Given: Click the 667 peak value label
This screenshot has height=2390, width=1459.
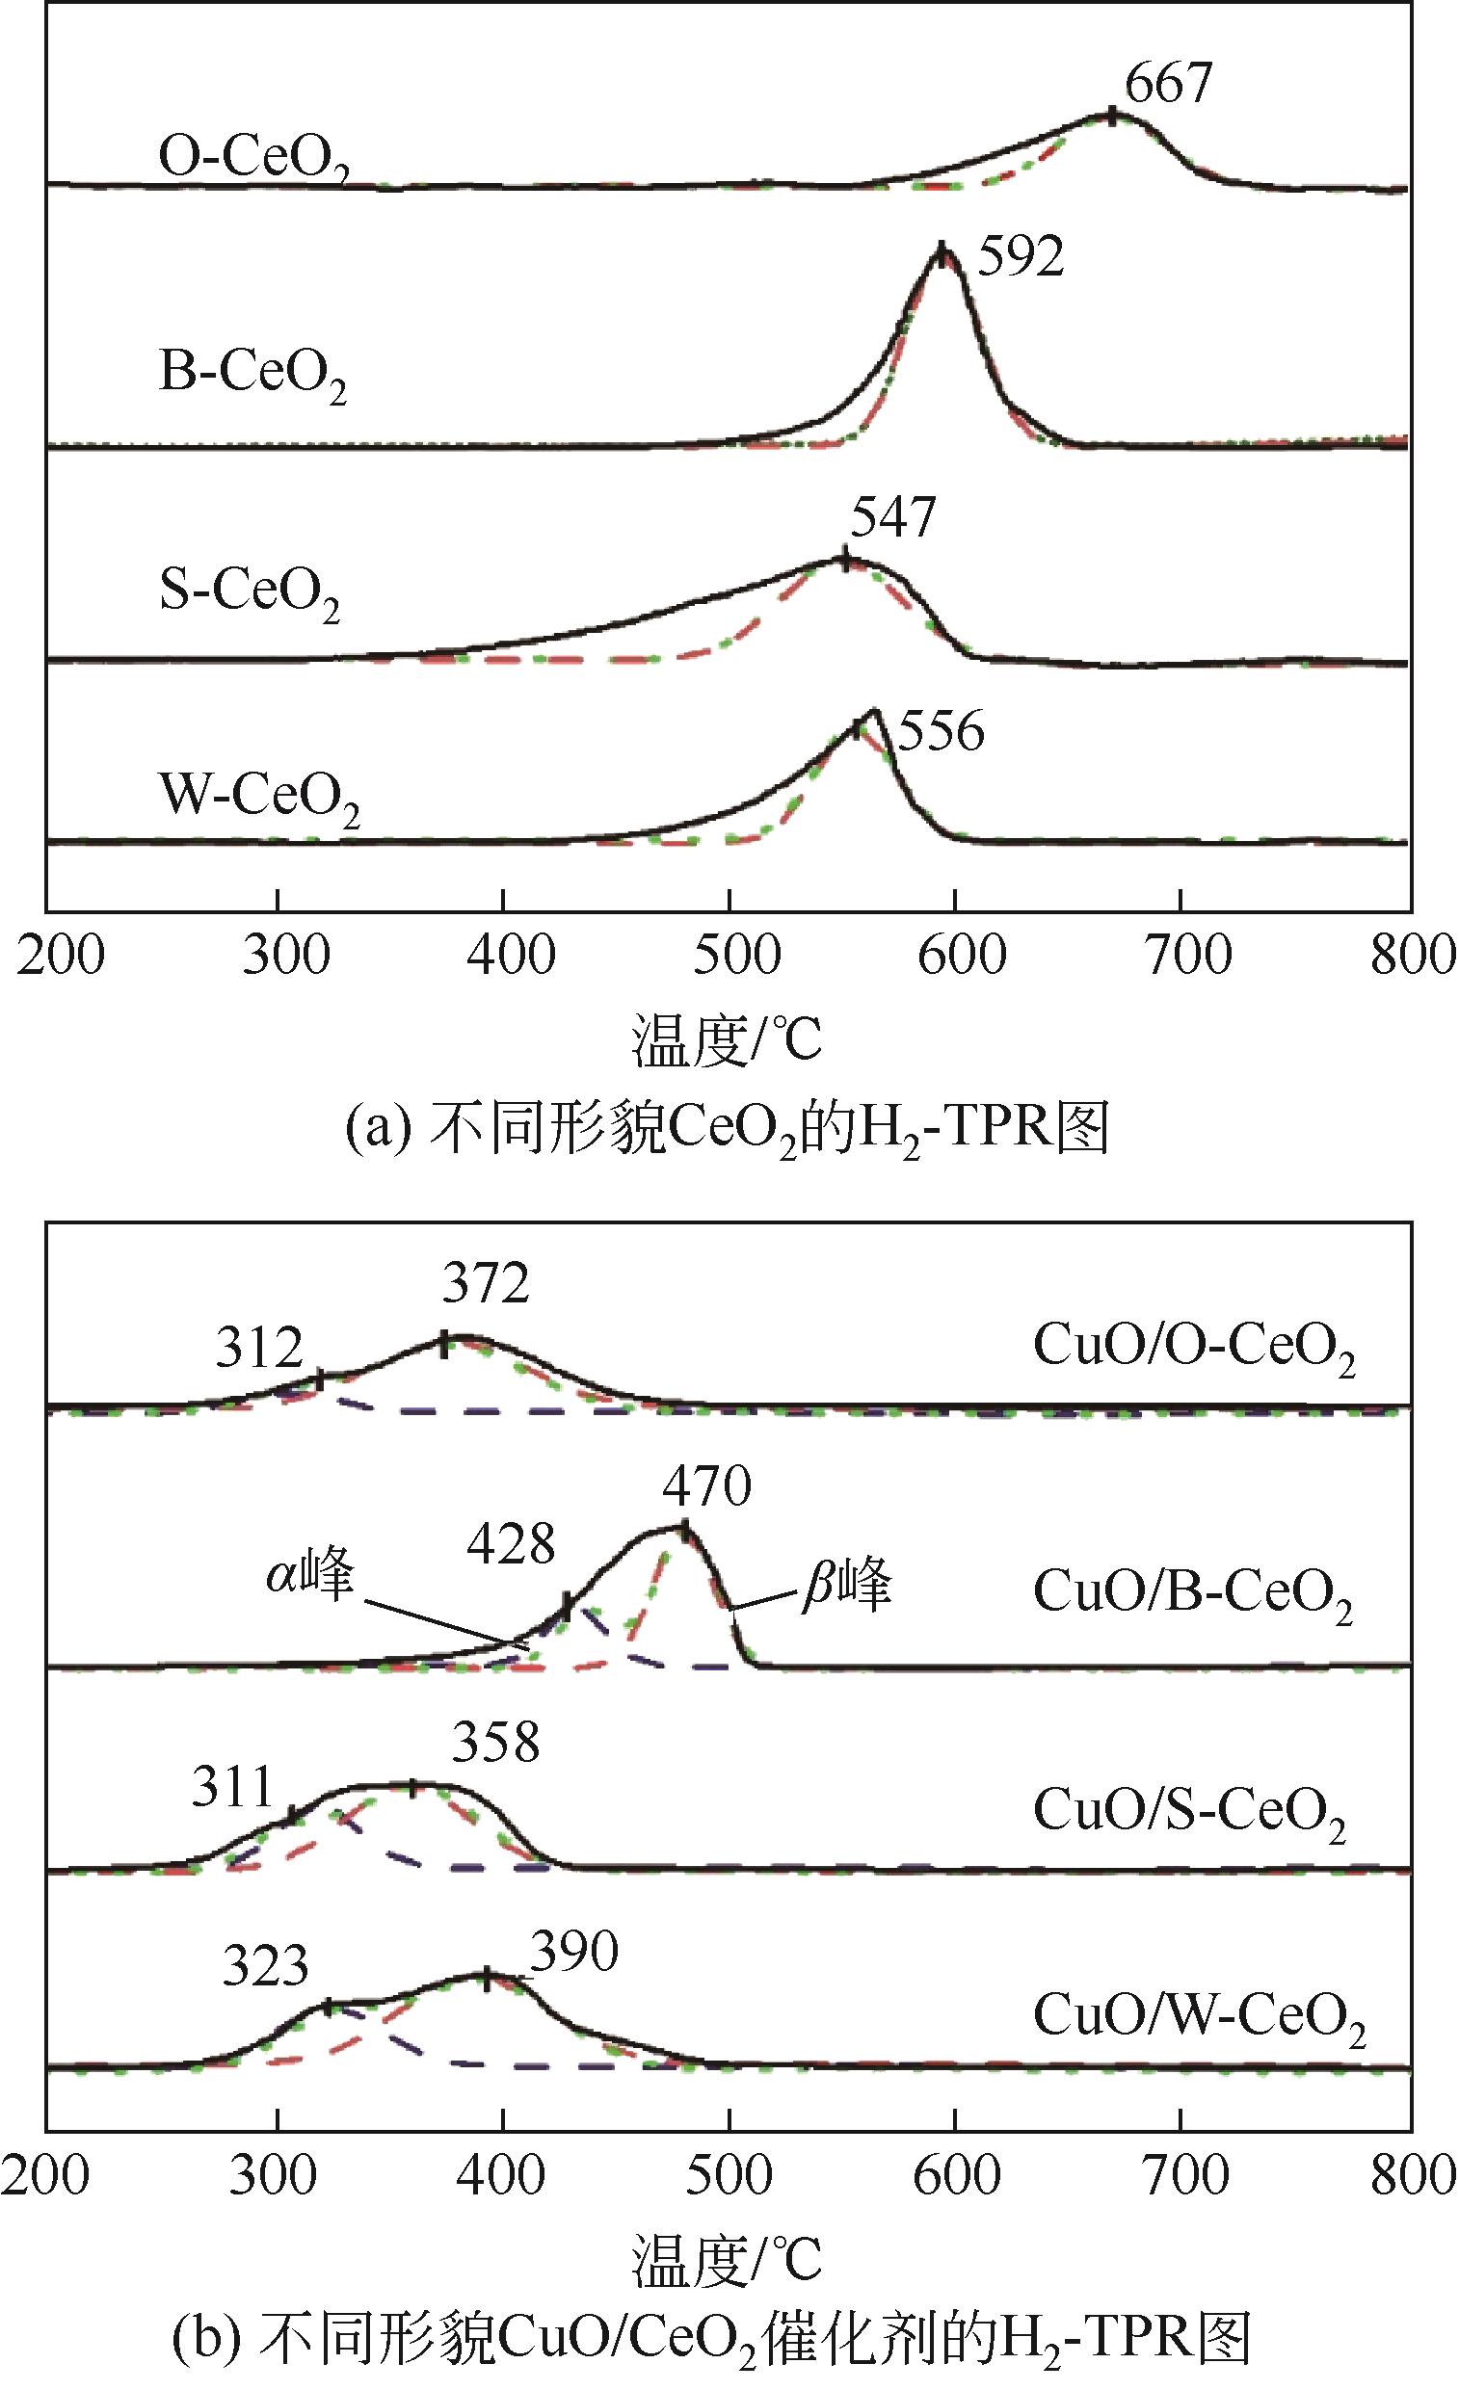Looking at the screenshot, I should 1168,84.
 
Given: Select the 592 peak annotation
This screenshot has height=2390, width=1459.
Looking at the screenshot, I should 1020,257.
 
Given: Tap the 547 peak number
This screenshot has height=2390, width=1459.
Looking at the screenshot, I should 892,518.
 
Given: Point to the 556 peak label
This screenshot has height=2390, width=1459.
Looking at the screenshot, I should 940,731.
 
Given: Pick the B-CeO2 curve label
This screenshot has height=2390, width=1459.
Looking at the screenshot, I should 252,375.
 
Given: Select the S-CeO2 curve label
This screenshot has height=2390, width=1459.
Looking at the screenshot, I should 250,591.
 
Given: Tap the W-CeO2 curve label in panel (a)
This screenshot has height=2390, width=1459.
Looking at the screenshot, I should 259,799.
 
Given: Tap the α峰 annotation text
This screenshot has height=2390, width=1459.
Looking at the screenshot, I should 310,1576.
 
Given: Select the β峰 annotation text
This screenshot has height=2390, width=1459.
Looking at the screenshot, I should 846,1587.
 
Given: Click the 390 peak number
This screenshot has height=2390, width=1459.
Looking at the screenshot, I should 573,1954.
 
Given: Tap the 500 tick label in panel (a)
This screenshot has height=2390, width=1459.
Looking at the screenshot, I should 736,956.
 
